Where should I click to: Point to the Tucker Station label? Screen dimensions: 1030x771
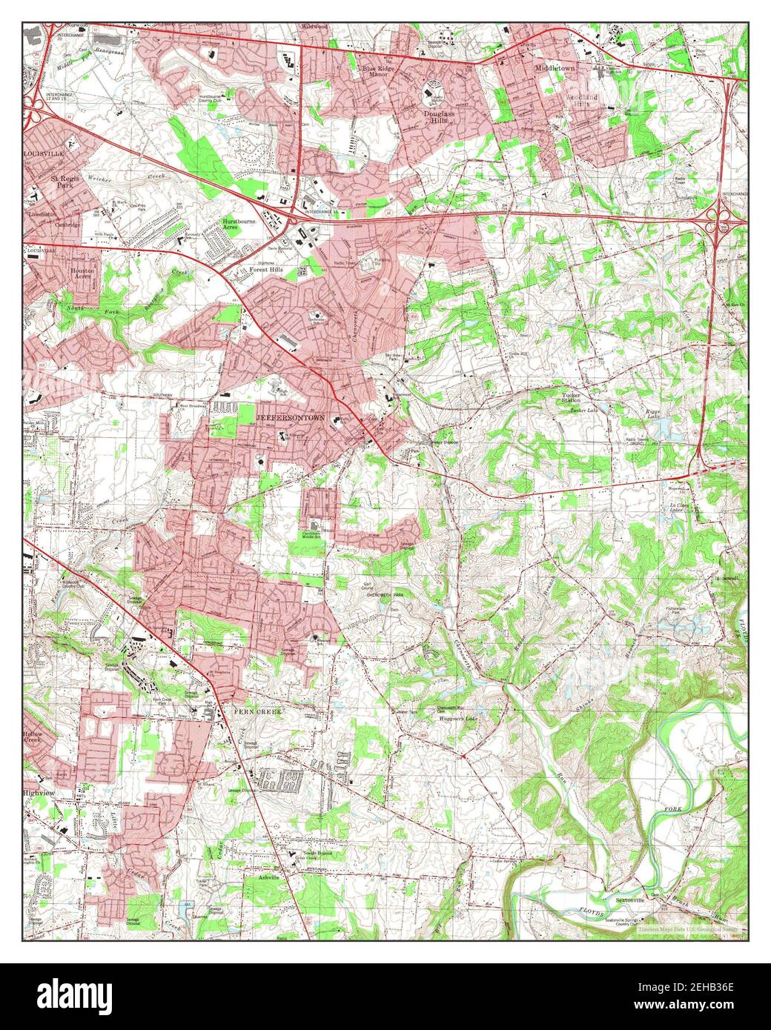click(x=571, y=399)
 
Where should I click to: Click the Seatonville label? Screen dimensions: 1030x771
click(x=631, y=900)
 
